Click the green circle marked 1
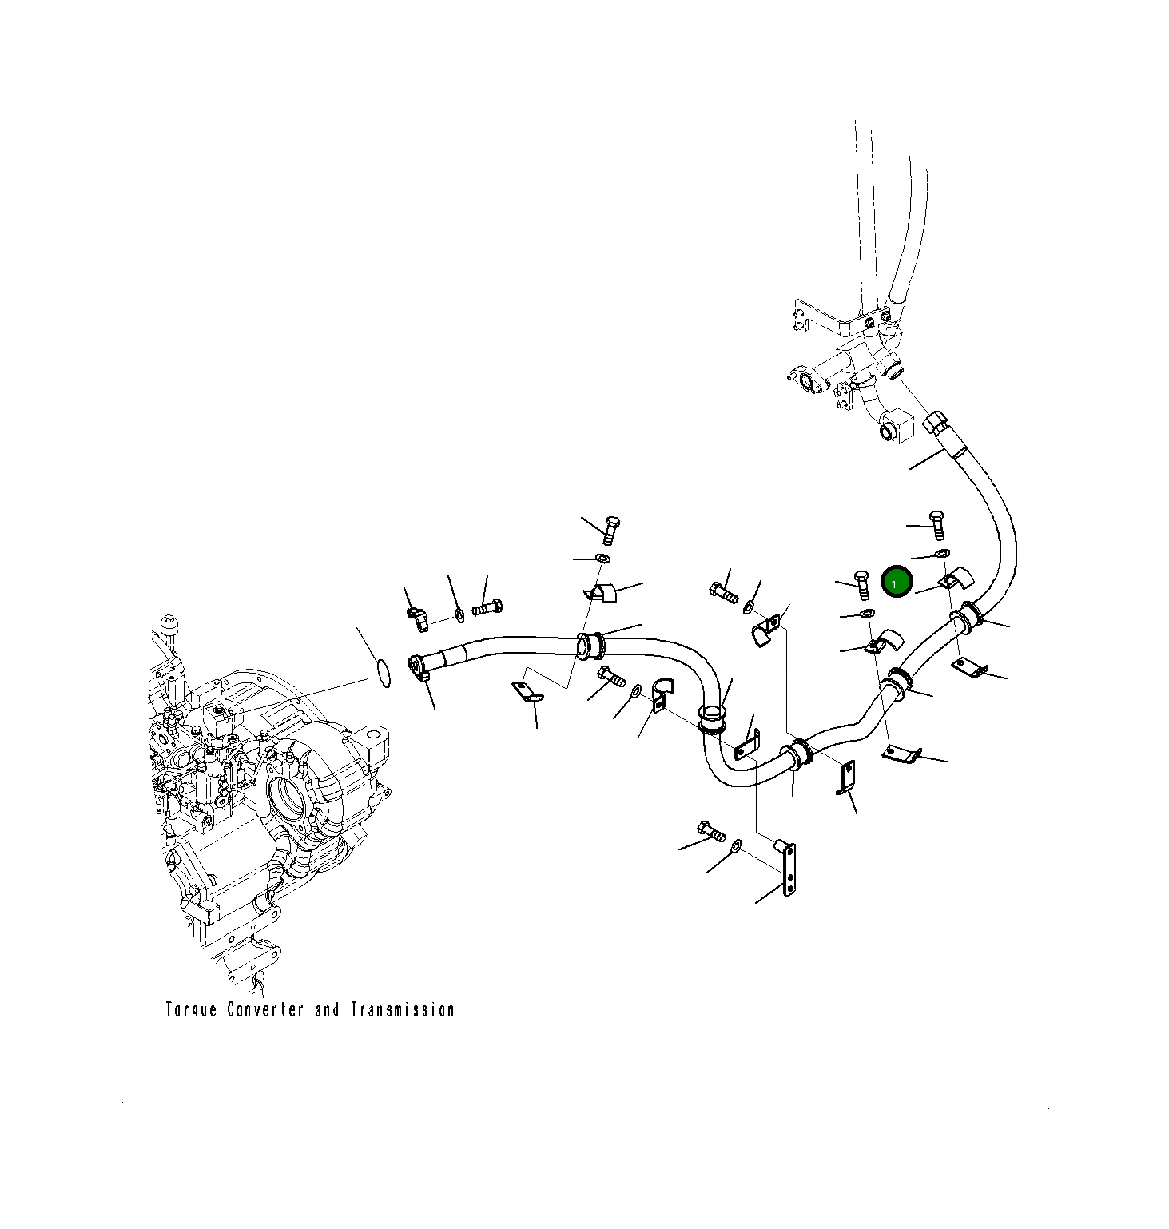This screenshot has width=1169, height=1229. click(895, 582)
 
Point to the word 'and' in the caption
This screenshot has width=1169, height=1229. click(327, 1010)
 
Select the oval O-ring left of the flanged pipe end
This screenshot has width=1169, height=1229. click(384, 674)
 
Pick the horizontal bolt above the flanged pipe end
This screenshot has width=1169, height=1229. click(487, 607)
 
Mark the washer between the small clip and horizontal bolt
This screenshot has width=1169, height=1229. click(459, 614)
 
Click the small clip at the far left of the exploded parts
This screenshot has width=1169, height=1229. click(418, 616)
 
